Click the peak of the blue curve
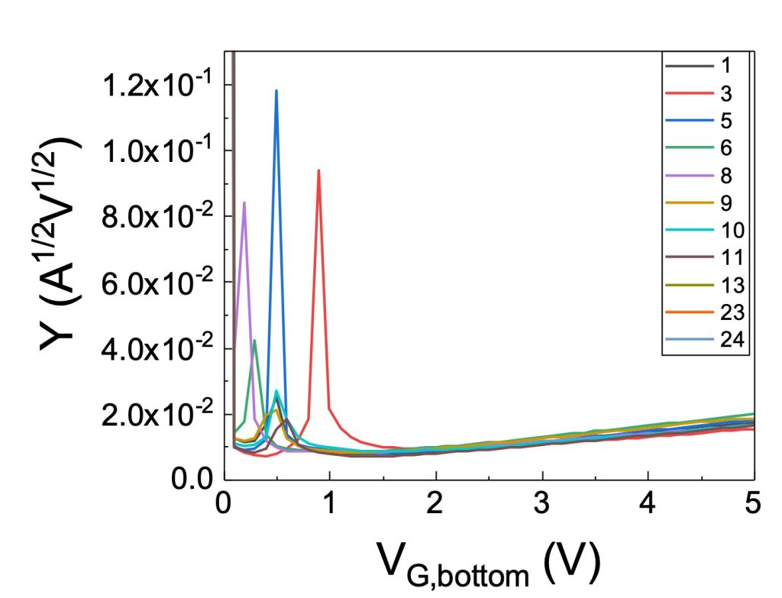pyautogui.click(x=276, y=91)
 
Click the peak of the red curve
pyautogui.click(x=318, y=170)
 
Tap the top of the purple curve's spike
pyautogui.click(x=244, y=202)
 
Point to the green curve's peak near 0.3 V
pyautogui.click(x=254, y=341)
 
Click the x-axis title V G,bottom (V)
pyautogui.click(x=489, y=566)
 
